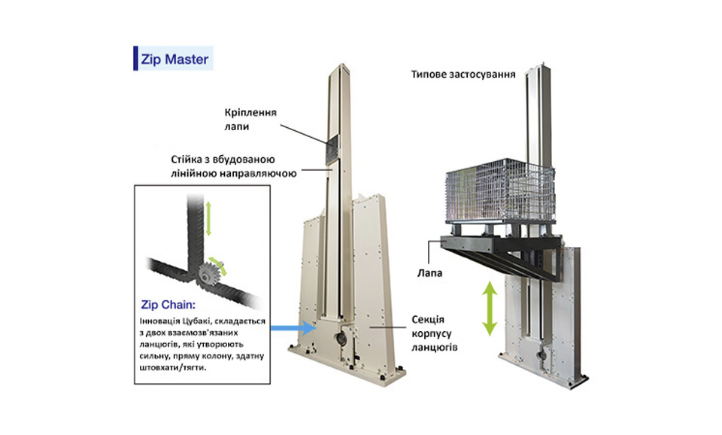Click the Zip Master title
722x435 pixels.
click(175, 59)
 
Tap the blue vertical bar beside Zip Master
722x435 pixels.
click(135, 59)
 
